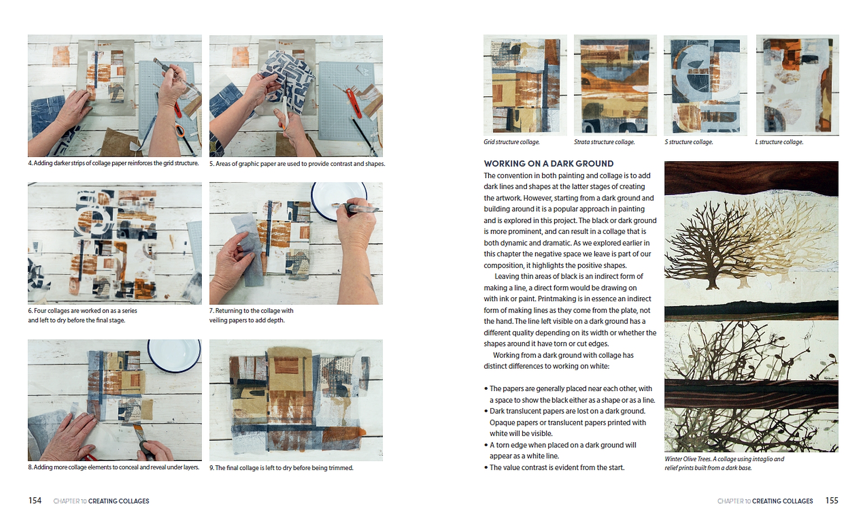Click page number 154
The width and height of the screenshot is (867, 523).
point(35,500)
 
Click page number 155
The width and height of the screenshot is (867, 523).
point(832,500)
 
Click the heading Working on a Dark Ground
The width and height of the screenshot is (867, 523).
point(549,163)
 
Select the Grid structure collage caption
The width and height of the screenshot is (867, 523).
point(512,142)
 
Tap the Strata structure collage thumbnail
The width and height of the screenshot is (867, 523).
point(615,85)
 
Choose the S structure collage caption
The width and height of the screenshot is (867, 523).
point(689,142)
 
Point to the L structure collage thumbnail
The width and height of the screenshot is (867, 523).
point(797,85)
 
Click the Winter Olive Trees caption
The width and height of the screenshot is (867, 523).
point(724,463)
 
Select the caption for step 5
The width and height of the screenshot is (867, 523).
point(297,163)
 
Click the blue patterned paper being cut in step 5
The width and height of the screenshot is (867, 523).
point(289,75)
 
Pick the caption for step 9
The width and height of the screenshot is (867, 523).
point(281,468)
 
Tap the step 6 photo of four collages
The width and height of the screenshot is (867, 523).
point(115,243)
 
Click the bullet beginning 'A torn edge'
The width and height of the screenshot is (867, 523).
point(560,450)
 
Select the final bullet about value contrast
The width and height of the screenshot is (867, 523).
point(554,467)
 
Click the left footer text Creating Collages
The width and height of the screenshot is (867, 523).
point(119,501)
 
